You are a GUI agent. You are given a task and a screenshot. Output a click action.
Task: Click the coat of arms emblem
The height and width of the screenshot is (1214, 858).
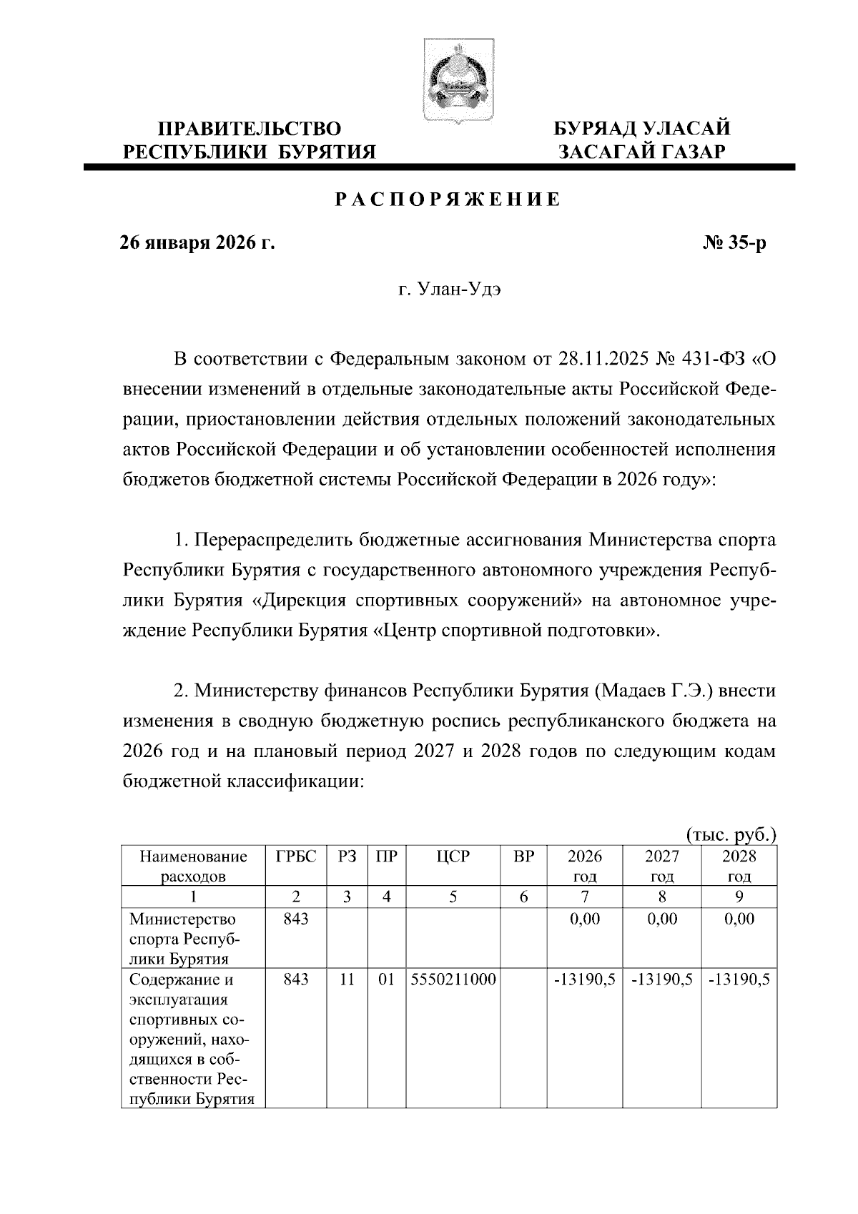point(448,81)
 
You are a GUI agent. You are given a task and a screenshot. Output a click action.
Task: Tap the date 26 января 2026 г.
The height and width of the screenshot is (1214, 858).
point(197,244)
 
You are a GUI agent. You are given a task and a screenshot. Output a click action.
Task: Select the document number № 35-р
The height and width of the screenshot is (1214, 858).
point(734,244)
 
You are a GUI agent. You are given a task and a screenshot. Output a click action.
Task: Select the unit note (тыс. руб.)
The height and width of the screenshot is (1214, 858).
point(731,834)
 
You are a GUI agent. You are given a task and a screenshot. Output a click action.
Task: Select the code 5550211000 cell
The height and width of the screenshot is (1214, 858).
point(453,980)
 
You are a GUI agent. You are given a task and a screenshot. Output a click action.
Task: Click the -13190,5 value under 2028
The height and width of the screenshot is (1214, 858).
point(739,980)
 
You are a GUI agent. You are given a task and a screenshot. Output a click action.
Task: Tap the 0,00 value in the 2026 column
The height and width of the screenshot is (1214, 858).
point(585,919)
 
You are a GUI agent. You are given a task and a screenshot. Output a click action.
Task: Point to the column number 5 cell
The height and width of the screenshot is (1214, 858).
point(453,897)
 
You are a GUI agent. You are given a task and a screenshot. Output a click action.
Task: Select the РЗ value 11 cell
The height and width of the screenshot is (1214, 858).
point(347,980)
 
